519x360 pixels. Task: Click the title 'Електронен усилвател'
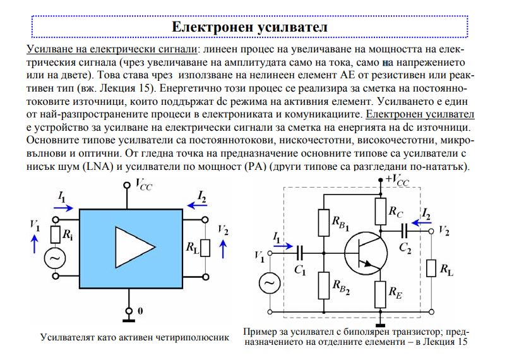(x=249, y=27)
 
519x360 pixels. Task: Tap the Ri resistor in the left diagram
(x=56, y=235)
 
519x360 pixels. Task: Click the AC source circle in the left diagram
(x=55, y=258)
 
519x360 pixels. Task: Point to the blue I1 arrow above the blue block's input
(x=63, y=208)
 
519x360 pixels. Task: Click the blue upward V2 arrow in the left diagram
(x=224, y=249)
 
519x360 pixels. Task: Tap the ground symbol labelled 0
(x=129, y=316)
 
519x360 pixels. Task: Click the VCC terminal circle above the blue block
(x=127, y=185)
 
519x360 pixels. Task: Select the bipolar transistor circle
(x=366, y=253)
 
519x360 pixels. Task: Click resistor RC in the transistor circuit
(x=381, y=212)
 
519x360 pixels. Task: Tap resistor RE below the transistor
(x=380, y=294)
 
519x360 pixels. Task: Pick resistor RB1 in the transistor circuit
(x=324, y=222)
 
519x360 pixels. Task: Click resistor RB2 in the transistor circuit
(x=324, y=285)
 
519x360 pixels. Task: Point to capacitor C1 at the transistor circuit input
(x=300, y=253)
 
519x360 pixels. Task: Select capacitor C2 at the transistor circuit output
(x=404, y=231)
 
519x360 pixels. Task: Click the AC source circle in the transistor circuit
(x=270, y=283)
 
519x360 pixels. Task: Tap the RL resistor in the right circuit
(x=431, y=268)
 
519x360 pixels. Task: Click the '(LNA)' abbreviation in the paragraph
(x=98, y=167)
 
